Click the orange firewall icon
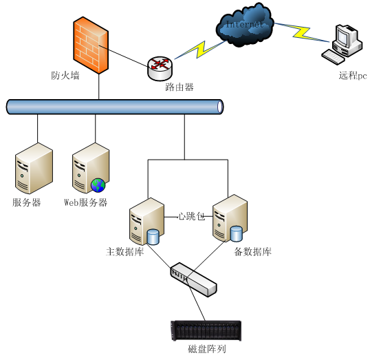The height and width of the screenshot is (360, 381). click(x=91, y=45)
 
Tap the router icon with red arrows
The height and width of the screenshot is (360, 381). click(x=160, y=69)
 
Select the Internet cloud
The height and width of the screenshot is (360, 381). click(x=245, y=25)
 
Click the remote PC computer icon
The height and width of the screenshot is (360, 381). click(x=342, y=45)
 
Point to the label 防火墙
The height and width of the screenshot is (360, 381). click(x=65, y=76)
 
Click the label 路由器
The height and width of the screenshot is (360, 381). click(x=179, y=87)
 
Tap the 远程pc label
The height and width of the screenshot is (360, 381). click(x=353, y=76)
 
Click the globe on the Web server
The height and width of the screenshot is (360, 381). click(x=98, y=185)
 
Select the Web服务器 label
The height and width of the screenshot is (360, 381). click(x=85, y=202)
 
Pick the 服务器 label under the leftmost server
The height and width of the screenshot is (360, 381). click(x=27, y=202)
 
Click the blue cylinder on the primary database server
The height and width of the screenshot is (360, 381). click(x=153, y=237)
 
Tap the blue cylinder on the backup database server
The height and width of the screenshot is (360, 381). click(x=236, y=234)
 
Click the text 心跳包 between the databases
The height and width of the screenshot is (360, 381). click(x=192, y=216)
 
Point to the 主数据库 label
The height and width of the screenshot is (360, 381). click(x=125, y=251)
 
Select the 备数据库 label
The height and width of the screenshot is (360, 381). click(x=252, y=251)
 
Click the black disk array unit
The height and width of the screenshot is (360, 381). click(x=206, y=330)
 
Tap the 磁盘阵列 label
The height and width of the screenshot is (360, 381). click(x=207, y=349)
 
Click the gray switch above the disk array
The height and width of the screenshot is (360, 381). click(x=193, y=279)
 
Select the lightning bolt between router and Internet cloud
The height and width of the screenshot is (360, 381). click(x=199, y=50)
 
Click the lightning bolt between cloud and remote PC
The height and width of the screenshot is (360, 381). click(x=302, y=32)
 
